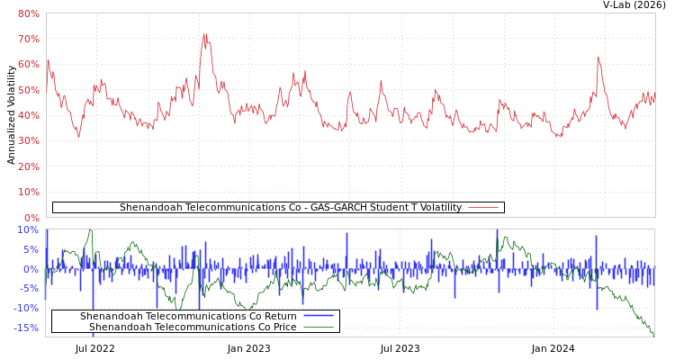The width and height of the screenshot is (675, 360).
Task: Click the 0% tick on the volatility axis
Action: click(31, 218)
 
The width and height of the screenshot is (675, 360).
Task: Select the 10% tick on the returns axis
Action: click(29, 230)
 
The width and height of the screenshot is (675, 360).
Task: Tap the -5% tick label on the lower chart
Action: click(29, 289)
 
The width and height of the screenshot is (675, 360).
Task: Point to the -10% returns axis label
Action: click(27, 308)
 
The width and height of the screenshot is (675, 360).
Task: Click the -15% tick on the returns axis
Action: click(27, 328)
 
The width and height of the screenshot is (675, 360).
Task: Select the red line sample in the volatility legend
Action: click(483, 208)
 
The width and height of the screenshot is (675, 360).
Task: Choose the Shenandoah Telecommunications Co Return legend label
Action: click(188, 317)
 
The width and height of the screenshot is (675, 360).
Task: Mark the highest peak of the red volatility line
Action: click(205, 35)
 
